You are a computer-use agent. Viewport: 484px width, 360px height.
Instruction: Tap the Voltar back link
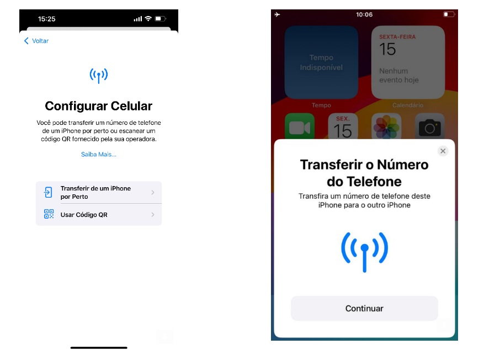click(x=36, y=41)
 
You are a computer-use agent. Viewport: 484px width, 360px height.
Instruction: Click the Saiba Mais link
click(x=98, y=155)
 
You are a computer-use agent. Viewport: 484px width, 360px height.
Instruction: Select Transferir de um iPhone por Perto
click(x=99, y=192)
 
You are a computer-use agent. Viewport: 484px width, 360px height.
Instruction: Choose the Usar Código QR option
click(x=99, y=215)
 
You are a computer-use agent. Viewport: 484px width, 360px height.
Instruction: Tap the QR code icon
click(x=49, y=214)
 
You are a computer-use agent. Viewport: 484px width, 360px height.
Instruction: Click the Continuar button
click(x=364, y=309)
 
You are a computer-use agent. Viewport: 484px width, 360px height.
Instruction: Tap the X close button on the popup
click(x=443, y=151)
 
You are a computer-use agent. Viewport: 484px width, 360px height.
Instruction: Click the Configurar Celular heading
click(x=98, y=106)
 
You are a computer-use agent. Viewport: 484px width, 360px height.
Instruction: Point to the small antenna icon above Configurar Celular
click(x=98, y=76)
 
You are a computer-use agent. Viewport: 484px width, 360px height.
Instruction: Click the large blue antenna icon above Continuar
click(x=365, y=252)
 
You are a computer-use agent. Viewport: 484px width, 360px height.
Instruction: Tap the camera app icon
click(x=430, y=126)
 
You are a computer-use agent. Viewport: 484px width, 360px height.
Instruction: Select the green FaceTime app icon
click(x=300, y=126)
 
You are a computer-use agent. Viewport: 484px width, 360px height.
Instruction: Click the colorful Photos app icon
click(x=386, y=126)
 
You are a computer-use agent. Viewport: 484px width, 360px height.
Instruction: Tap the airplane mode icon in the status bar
click(x=277, y=14)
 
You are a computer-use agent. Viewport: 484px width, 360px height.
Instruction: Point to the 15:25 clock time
click(x=46, y=19)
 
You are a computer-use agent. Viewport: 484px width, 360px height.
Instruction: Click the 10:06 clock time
click(x=364, y=14)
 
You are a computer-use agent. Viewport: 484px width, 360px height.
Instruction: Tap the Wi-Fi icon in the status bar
click(x=148, y=19)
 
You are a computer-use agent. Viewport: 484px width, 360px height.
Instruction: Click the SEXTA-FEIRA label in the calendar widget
click(x=397, y=37)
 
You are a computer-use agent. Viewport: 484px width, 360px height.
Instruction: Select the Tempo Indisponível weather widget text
click(x=321, y=62)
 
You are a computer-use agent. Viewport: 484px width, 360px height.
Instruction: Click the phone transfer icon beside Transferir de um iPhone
click(x=48, y=192)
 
